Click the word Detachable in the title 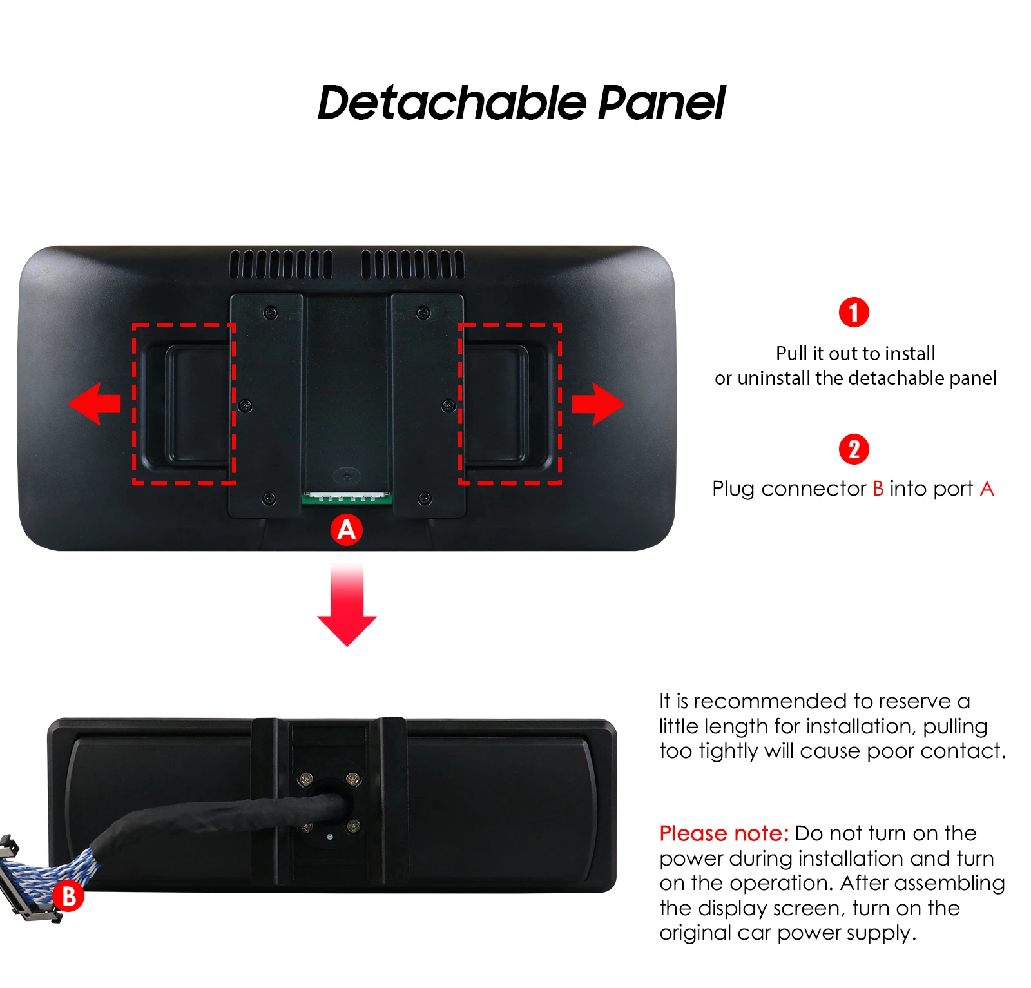coord(452,103)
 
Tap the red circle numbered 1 coord(854,313)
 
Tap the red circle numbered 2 coord(854,449)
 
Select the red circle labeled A coord(347,530)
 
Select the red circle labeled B coord(68,896)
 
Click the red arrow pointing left coord(94,403)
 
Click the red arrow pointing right coord(598,404)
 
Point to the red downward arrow coord(347,605)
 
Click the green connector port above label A coord(347,498)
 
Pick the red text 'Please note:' coord(724,834)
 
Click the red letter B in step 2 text coord(878,489)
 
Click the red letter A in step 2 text coord(987,489)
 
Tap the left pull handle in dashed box coord(187,405)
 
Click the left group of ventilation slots coord(281,264)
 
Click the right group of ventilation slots coord(413,264)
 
